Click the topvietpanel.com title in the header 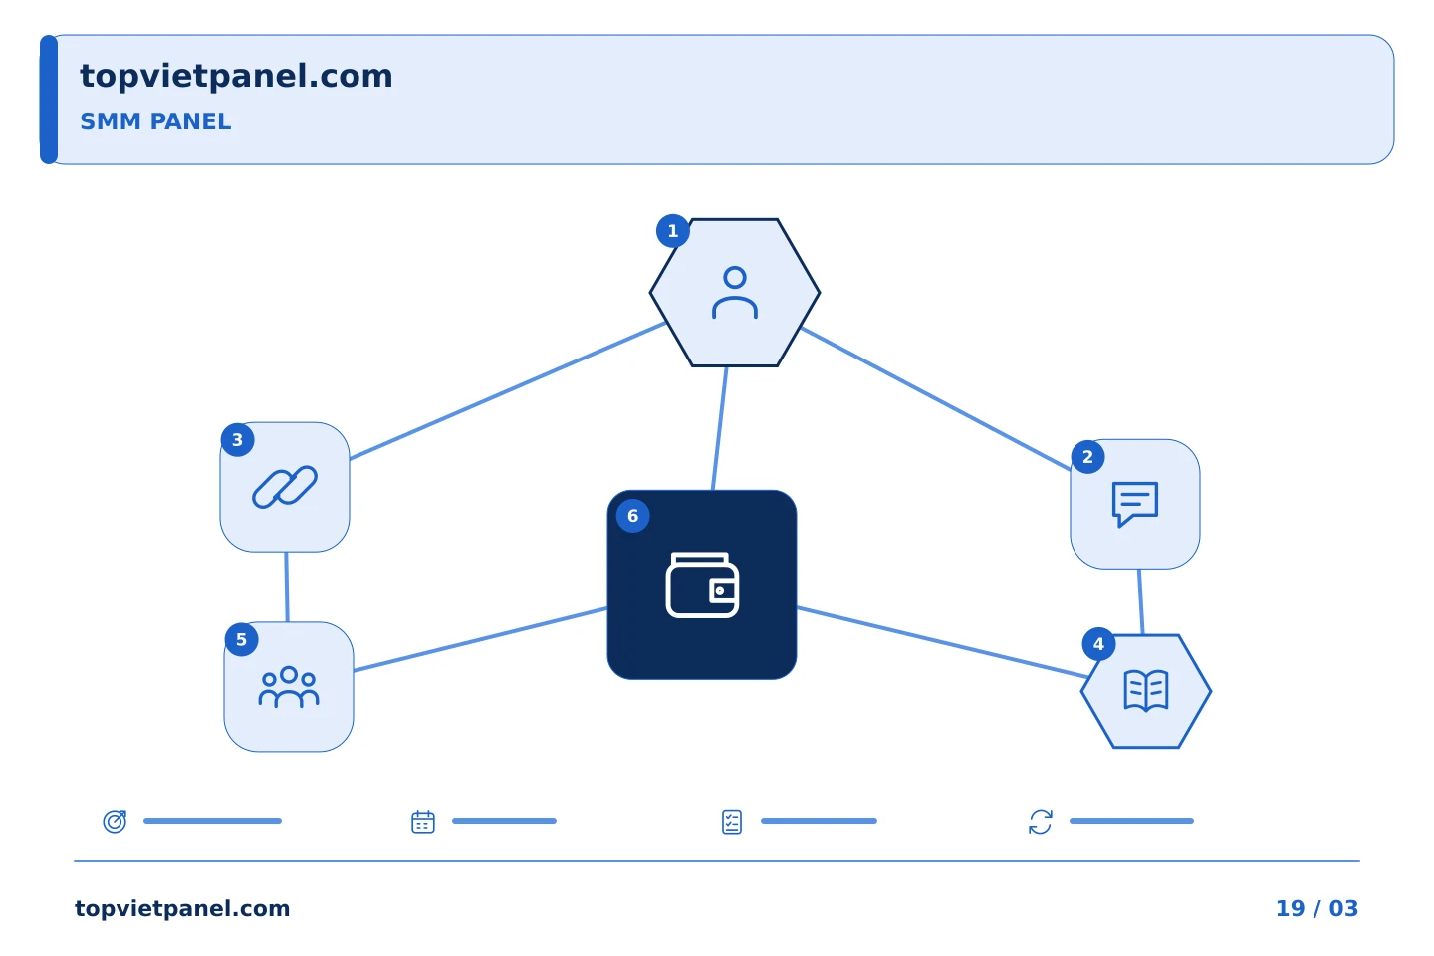coord(236,77)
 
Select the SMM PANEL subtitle coord(155,121)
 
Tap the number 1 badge coord(673,230)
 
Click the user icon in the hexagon coord(735,293)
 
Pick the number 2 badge coord(1087,457)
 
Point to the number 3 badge coord(237,440)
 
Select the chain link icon coord(285,487)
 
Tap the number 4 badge coord(1098,644)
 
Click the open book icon coord(1146,691)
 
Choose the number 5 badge coord(241,639)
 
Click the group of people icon coord(289,687)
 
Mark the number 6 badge coord(633,516)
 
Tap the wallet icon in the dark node coord(702,586)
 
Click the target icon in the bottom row coord(116,821)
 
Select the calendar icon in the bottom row coord(423,822)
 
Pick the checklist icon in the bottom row coord(732,822)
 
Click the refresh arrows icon coord(1041,822)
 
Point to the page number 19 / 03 coord(1316,908)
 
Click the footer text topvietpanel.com coord(182,909)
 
